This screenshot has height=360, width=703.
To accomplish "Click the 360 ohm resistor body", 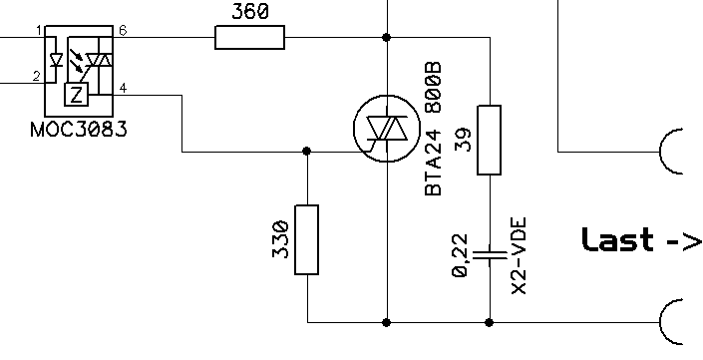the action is tap(249, 37).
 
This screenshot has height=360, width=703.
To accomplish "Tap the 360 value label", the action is tap(250, 11).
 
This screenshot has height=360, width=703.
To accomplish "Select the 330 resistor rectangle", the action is tap(307, 239).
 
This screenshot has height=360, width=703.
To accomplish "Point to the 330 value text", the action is tap(280, 239).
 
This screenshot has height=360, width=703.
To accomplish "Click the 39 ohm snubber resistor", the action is tap(490, 140).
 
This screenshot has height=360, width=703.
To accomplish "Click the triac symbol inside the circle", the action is tap(387, 129).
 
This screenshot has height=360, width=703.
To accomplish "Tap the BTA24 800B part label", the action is tap(433, 129).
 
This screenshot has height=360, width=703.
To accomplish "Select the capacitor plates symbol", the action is tap(490, 255).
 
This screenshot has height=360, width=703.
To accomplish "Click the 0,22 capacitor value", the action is tap(461, 255).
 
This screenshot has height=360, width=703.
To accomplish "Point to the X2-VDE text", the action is tap(519, 256).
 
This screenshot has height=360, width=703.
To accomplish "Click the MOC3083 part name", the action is tap(79, 130).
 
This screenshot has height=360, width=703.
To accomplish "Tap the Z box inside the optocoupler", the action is tap(77, 95).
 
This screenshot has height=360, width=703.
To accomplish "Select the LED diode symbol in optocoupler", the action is tap(56, 60).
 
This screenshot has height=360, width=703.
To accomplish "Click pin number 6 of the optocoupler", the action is tap(123, 31).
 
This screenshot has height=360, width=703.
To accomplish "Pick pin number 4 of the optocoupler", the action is tap(123, 88).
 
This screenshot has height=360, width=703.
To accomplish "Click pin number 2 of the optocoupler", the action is tap(37, 76).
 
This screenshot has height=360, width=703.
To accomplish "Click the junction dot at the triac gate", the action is tap(307, 152).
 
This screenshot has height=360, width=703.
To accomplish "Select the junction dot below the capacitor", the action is tap(490, 322).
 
